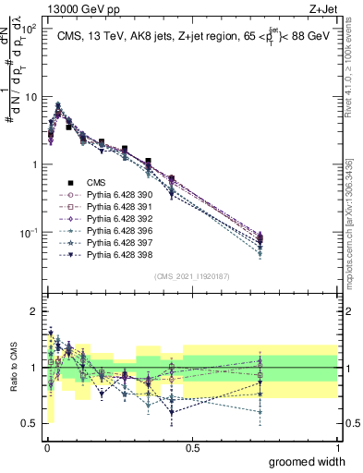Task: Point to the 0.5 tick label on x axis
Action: click(x=192, y=446)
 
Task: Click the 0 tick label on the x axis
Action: click(x=47, y=446)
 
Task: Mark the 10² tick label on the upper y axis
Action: click(x=29, y=29)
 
